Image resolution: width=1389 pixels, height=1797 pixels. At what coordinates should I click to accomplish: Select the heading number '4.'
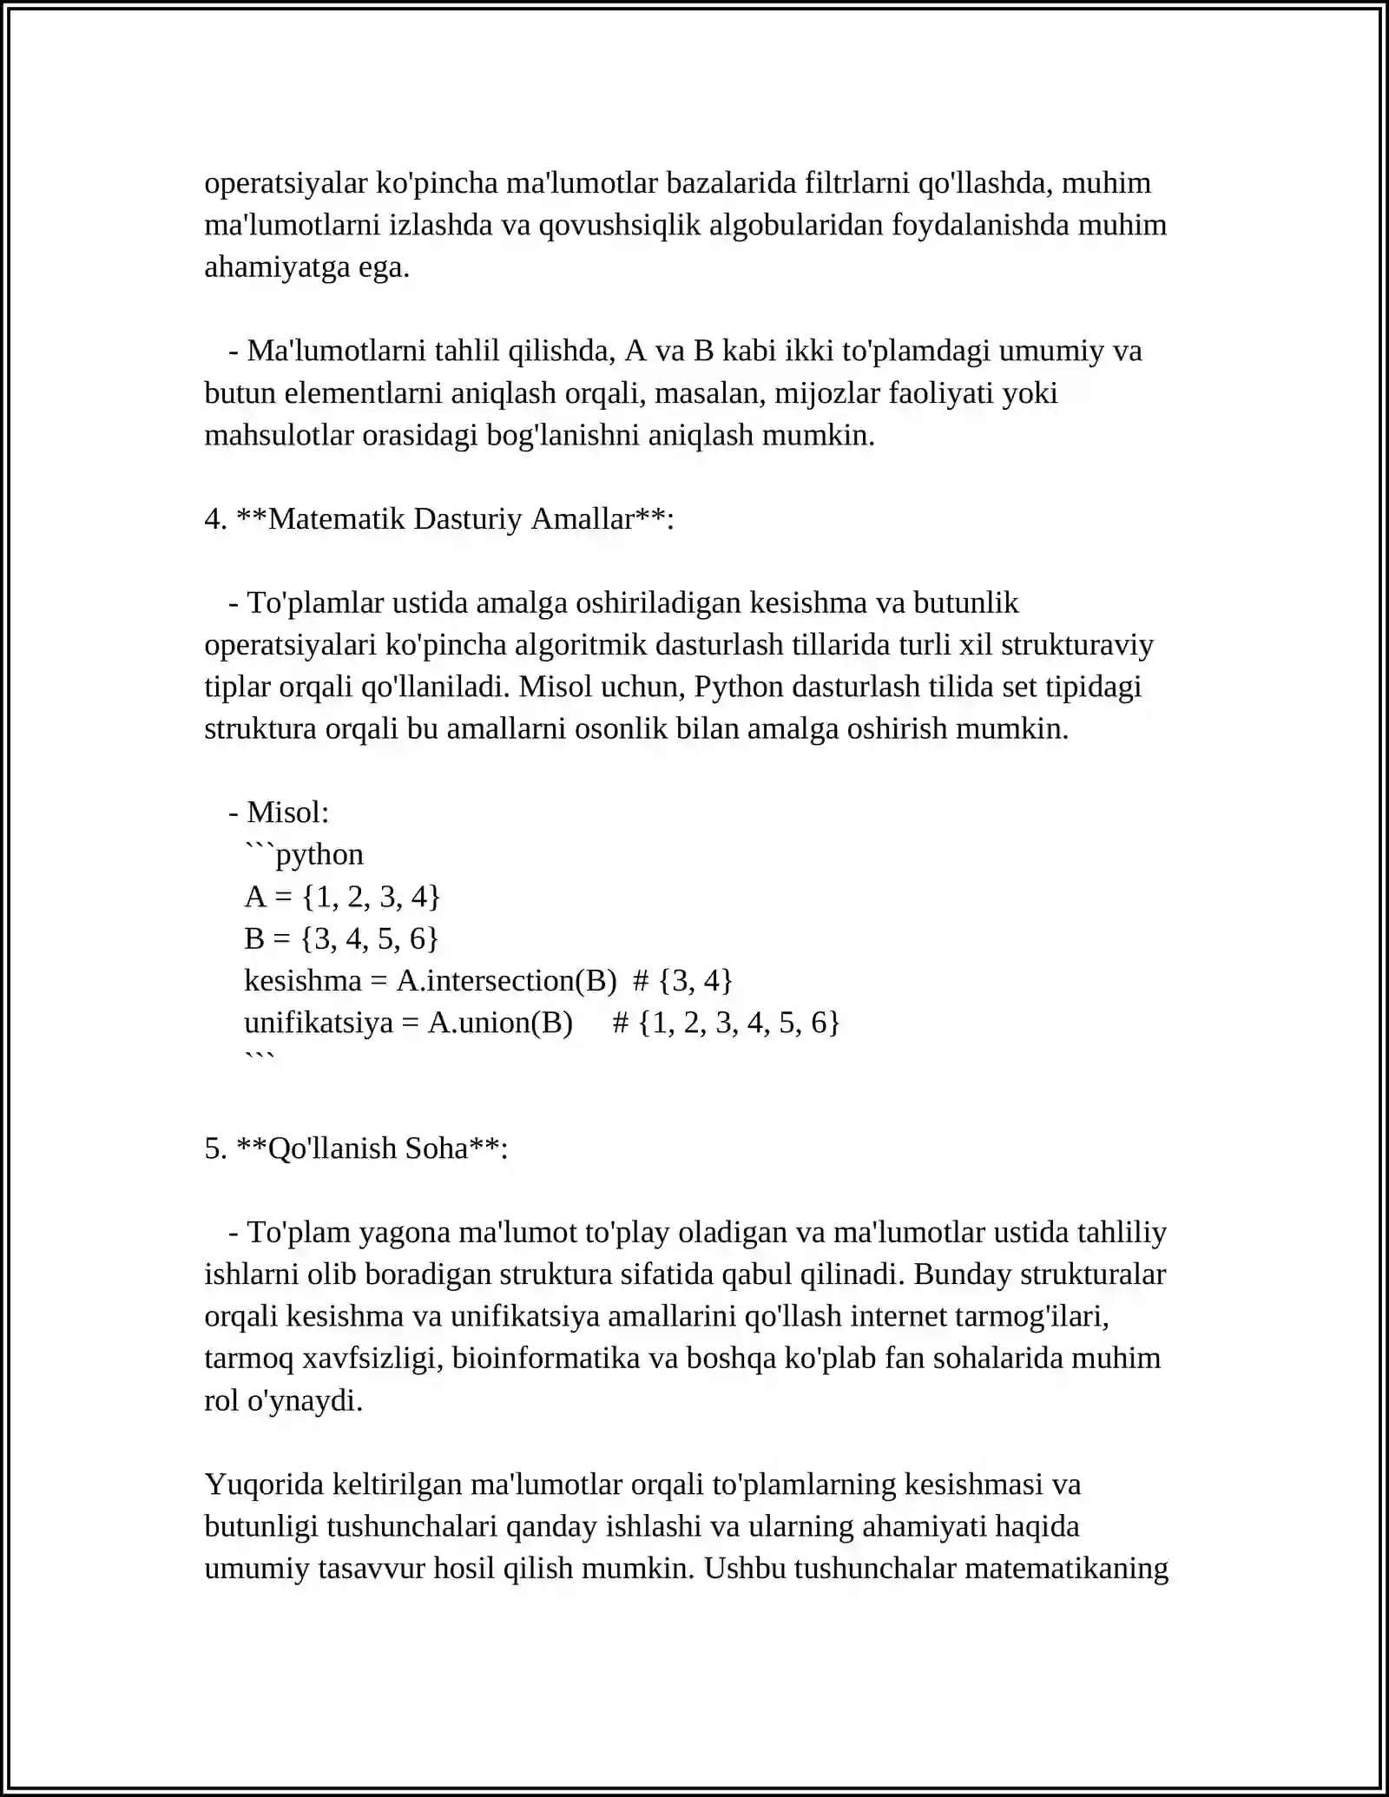pyautogui.click(x=215, y=519)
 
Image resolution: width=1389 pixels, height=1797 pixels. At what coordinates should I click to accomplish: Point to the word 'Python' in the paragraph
pyautogui.click(x=739, y=687)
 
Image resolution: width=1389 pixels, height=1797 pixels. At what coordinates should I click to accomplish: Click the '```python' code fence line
pyautogui.click(x=304, y=854)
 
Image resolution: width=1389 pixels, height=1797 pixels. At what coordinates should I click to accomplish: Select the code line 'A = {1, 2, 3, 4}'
pyautogui.click(x=342, y=897)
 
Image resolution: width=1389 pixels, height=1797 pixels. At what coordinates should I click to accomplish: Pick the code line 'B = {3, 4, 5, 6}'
pyautogui.click(x=341, y=938)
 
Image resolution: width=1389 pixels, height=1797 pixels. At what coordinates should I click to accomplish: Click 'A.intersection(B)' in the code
pyautogui.click(x=506, y=981)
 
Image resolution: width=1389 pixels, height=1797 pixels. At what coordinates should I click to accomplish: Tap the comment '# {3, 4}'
pyautogui.click(x=683, y=981)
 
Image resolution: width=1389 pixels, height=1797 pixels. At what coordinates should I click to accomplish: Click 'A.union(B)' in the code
pyautogui.click(x=500, y=1023)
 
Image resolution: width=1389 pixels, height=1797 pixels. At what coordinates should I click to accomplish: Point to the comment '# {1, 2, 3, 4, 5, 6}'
pyautogui.click(x=726, y=1023)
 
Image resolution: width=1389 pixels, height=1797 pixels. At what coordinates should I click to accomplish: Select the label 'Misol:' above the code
pyautogui.click(x=288, y=813)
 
